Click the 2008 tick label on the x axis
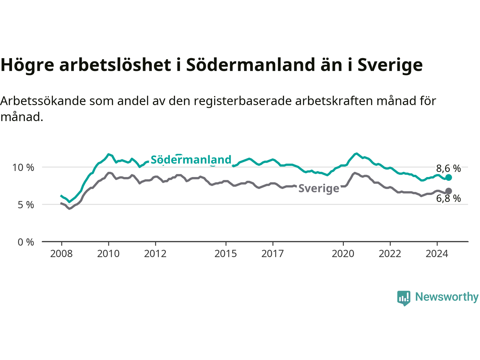61,254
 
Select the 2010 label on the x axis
108,254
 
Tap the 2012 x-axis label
155,254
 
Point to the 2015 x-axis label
226,254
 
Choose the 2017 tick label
273,254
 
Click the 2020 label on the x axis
343,254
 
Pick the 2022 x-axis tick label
390,254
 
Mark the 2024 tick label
437,254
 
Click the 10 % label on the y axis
23,168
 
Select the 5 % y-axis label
26,205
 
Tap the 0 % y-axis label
26,242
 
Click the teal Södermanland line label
191,160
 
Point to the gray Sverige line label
319,188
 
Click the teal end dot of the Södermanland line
448,177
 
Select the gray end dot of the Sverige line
448,191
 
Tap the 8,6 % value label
448,168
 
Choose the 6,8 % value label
448,198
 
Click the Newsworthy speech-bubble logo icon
403,298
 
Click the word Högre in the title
27,65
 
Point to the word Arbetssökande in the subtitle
43,101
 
